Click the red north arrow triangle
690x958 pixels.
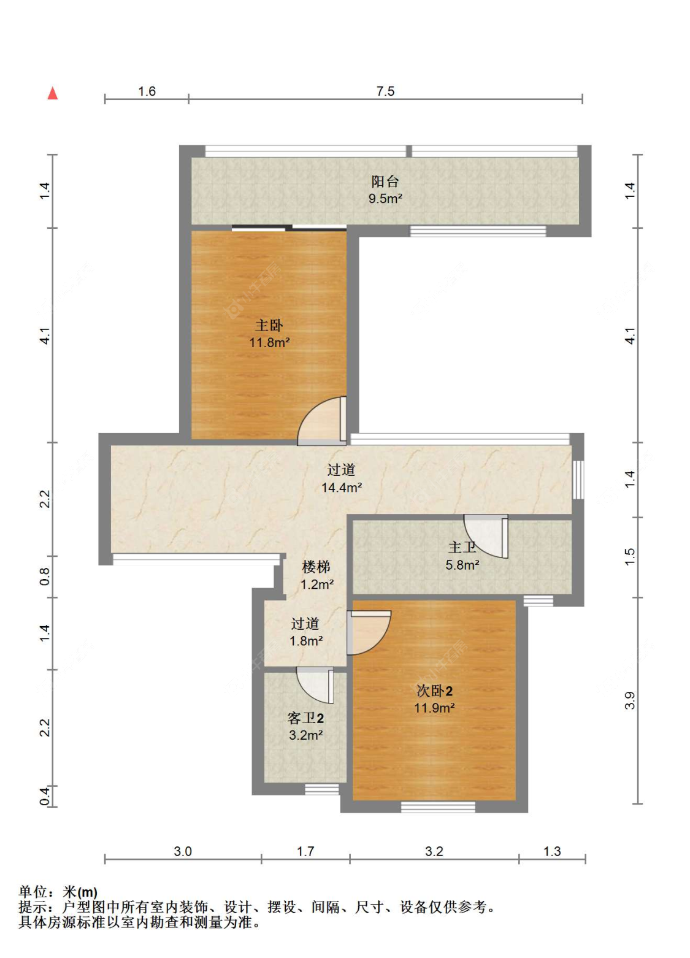click(52, 93)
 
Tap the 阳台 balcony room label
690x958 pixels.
click(385, 182)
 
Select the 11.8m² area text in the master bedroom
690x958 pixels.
click(269, 343)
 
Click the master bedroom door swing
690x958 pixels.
click(321, 421)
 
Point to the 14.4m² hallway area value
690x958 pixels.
click(342, 488)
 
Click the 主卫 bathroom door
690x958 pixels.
click(486, 536)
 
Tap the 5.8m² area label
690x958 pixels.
click(462, 565)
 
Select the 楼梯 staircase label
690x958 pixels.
click(316, 567)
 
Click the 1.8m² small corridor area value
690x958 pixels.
click(306, 641)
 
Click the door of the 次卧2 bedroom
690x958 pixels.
click(369, 632)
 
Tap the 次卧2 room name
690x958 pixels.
click(435, 691)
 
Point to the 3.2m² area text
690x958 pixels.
click(306, 735)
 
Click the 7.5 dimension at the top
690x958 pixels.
click(385, 91)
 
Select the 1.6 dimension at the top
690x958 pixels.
click(147, 91)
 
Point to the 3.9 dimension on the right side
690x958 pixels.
click(630, 700)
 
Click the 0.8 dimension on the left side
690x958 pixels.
click(45, 577)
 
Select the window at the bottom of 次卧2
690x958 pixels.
click(438, 807)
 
